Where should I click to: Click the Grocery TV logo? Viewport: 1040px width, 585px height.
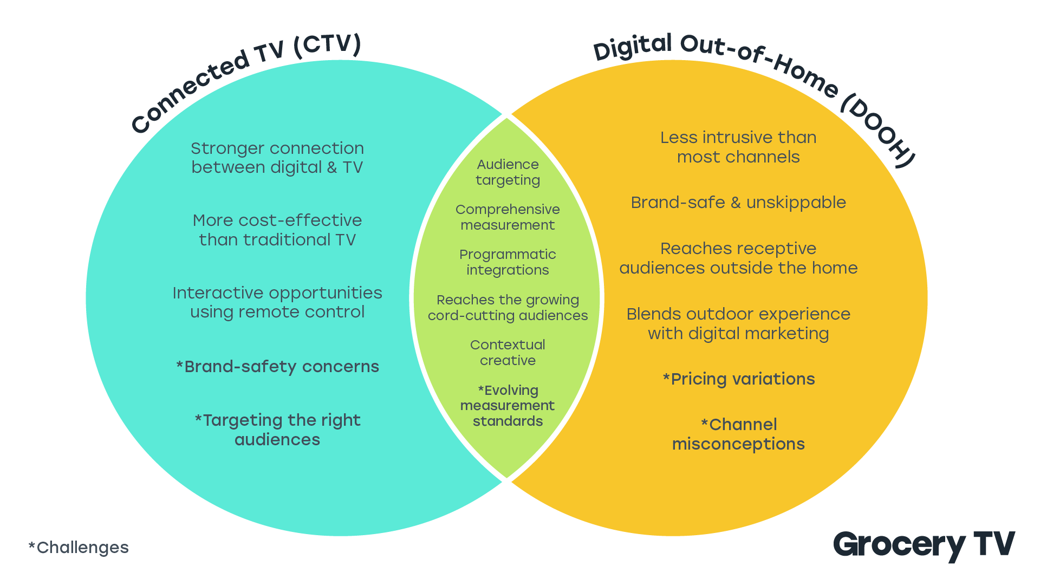pyautogui.click(x=924, y=545)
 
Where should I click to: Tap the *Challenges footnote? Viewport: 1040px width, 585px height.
pyautogui.click(x=79, y=548)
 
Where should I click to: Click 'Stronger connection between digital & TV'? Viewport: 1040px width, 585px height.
pyautogui.click(x=277, y=158)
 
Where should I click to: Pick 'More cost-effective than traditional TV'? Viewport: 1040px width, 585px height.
pyautogui.click(x=277, y=230)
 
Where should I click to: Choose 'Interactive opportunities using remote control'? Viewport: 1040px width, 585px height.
pyautogui.click(x=277, y=302)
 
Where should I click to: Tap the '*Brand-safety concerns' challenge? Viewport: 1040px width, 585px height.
pyautogui.click(x=277, y=367)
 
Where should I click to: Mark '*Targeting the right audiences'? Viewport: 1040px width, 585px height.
pyautogui.click(x=277, y=430)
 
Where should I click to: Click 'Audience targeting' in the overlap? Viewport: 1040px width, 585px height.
pyautogui.click(x=508, y=172)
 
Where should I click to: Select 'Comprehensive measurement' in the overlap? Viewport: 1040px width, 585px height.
pyautogui.click(x=508, y=217)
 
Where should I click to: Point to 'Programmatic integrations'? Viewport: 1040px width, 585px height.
pyautogui.click(x=508, y=262)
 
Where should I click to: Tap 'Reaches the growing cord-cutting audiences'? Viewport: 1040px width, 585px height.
pyautogui.click(x=508, y=308)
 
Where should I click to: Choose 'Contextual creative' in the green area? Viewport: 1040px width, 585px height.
pyautogui.click(x=508, y=353)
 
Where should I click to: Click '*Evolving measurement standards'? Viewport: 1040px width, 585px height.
pyautogui.click(x=508, y=406)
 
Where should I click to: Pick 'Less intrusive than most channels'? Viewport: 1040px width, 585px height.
pyautogui.click(x=738, y=147)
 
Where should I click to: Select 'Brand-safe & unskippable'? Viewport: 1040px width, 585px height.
pyautogui.click(x=738, y=203)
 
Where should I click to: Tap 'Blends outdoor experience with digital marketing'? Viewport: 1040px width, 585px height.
pyautogui.click(x=738, y=324)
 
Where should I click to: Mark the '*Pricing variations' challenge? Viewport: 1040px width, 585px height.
pyautogui.click(x=738, y=379)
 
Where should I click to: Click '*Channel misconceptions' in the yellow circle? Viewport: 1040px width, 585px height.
pyautogui.click(x=738, y=434)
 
